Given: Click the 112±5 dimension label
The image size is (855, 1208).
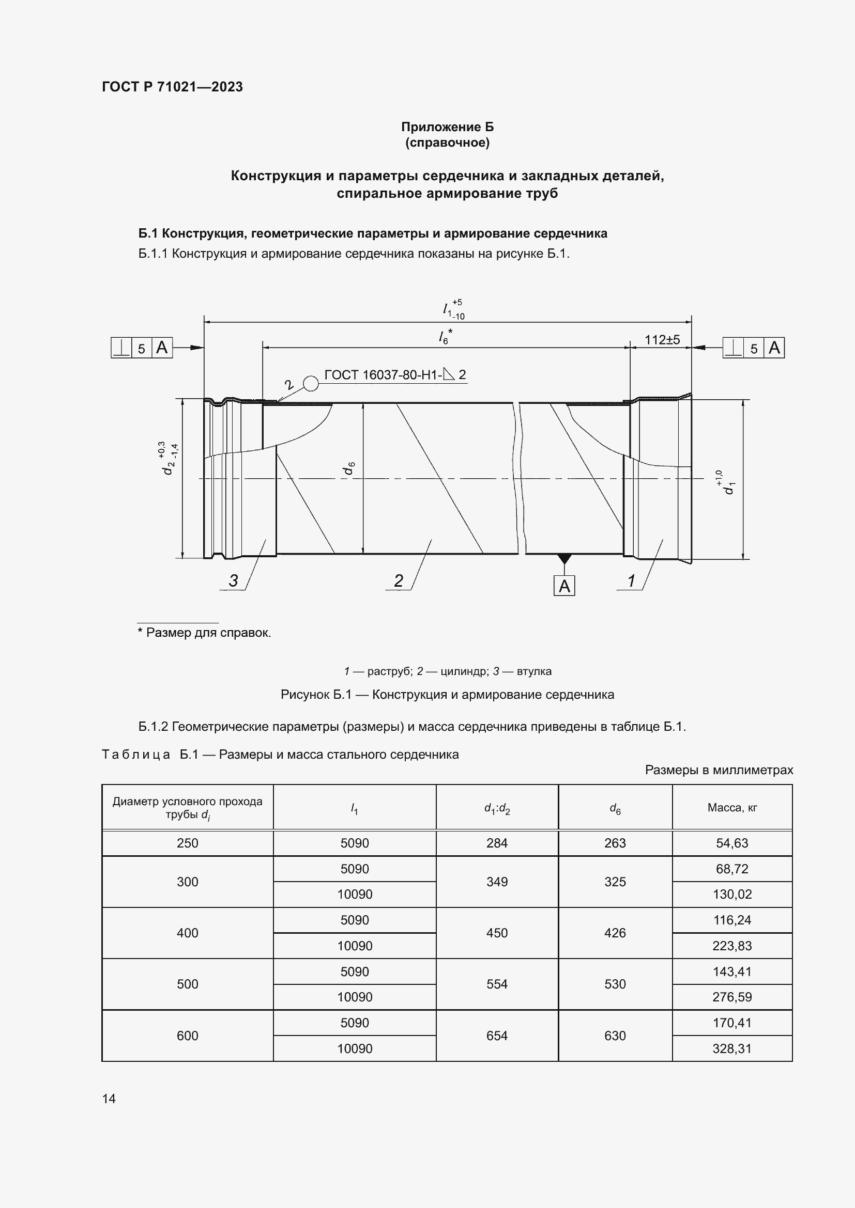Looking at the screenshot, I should pos(662,340).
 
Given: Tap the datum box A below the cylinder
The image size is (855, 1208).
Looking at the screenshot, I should pos(564,586).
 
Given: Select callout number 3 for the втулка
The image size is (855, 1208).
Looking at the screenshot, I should pos(233,581).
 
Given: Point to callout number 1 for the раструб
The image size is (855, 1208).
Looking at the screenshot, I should pos(631,581).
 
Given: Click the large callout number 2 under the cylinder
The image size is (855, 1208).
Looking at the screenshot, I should pos(399,581).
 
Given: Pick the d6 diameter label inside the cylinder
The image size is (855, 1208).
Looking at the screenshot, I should pos(349,468).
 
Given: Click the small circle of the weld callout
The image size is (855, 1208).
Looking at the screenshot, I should pos(311,384).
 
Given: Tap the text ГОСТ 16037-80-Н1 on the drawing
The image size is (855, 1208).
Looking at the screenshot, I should pos(383,374).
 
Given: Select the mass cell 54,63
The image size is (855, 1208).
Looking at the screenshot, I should pos(732,843).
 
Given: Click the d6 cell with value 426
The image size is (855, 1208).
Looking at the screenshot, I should pos(615,933).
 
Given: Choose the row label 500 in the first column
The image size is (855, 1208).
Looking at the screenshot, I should pos(188,984).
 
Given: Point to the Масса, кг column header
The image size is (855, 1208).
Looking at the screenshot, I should pos(732,808).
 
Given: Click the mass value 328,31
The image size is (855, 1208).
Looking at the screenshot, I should pos(732,1048).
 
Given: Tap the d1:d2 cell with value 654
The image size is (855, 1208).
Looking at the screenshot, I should pos(497,1036).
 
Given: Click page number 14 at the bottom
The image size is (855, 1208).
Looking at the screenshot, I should pos(109,1099).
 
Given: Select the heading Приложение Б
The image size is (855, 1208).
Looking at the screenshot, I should pos(448,127).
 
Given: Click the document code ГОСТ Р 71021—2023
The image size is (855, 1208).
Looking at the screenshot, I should pos(172,87).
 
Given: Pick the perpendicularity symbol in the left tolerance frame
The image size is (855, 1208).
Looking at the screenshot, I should pos(121,348).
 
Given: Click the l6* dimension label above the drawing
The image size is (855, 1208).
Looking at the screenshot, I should pos(446,336).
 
